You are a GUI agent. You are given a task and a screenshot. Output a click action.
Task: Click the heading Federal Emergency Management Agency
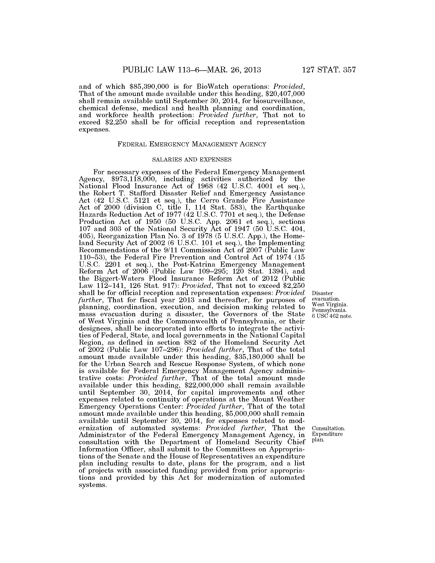pyautogui.click(x=192, y=144)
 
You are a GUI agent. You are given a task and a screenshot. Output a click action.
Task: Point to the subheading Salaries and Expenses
pyautogui.click(x=192, y=160)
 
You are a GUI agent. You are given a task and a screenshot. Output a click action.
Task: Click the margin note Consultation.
pyautogui.click(x=328, y=428)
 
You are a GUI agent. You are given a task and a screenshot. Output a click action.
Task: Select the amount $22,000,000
pyautogui.click(x=205, y=385)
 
